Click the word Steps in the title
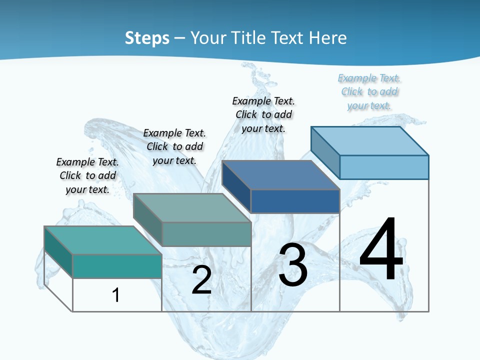pyautogui.click(x=147, y=38)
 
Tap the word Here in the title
pyautogui.click(x=328, y=38)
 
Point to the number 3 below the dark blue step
pyautogui.click(x=292, y=265)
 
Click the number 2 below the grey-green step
pyautogui.click(x=201, y=280)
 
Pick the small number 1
pyautogui.click(x=115, y=295)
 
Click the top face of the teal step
pyautogui.click(x=103, y=240)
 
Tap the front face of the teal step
pyautogui.click(x=117, y=266)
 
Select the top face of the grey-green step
pyautogui.click(x=192, y=208)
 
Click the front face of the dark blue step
pyautogui.click(x=295, y=201)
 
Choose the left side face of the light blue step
pyautogui.click(x=325, y=152)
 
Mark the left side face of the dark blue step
pyautogui.click(x=236, y=186)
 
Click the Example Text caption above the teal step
pyautogui.click(x=87, y=175)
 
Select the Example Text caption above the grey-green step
pyautogui.click(x=174, y=146)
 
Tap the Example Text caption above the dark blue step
pyautogui.click(x=263, y=114)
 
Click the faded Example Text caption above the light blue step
pyautogui.click(x=369, y=91)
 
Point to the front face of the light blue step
pyautogui.click(x=384, y=167)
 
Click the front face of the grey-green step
pyautogui.click(x=206, y=234)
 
